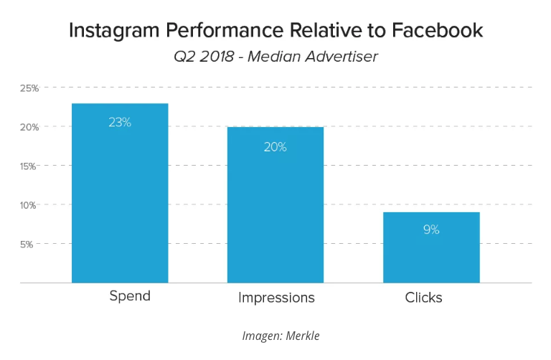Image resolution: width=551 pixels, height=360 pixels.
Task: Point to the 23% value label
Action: click(x=120, y=122)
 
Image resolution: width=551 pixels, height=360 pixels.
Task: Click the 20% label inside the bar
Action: click(x=275, y=147)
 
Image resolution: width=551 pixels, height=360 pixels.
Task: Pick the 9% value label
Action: click(x=431, y=229)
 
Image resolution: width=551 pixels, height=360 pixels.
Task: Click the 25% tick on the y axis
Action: click(x=29, y=88)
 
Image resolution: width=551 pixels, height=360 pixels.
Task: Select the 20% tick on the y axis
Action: click(x=29, y=127)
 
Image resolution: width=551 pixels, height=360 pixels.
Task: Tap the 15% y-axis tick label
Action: click(x=29, y=166)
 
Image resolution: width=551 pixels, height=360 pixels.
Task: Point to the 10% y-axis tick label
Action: click(x=29, y=205)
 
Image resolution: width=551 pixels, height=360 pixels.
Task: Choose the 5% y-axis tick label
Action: click(x=32, y=244)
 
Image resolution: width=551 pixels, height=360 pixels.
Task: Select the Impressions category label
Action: click(x=276, y=298)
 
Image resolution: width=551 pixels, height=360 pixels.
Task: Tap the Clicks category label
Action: click(x=423, y=297)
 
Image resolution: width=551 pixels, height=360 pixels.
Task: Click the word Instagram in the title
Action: click(x=112, y=32)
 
